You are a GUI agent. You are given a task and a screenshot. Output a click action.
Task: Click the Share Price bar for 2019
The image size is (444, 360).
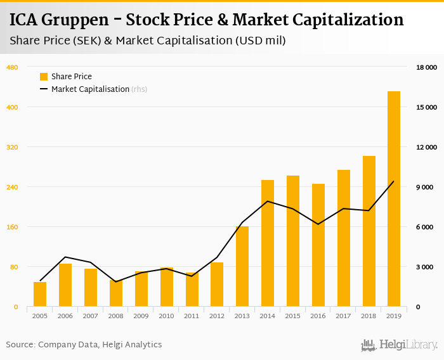(x=394, y=199)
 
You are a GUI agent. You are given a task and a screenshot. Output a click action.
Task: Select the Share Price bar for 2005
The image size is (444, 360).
(x=40, y=295)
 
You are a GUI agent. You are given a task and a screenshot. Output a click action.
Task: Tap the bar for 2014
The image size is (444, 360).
(x=268, y=243)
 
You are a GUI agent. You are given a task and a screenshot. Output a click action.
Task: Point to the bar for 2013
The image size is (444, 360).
(x=242, y=267)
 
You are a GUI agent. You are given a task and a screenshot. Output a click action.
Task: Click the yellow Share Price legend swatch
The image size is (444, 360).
(x=44, y=77)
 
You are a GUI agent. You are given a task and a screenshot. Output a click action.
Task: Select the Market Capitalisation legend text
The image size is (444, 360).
(x=90, y=89)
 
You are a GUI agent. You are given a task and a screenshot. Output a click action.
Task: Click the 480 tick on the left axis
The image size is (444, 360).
(x=12, y=67)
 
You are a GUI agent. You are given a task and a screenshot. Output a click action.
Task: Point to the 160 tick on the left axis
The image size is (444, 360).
(x=12, y=227)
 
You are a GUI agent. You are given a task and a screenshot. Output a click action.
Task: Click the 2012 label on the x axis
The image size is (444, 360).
(x=217, y=316)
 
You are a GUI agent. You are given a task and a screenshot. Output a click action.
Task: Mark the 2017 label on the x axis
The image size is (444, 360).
(x=343, y=316)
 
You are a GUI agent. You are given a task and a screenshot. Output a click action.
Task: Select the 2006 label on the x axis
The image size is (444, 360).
(x=65, y=316)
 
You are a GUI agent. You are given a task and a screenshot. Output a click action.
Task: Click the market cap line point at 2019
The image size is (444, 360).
(x=394, y=181)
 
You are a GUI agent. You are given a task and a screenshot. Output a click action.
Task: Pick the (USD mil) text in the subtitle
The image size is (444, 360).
(x=260, y=41)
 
